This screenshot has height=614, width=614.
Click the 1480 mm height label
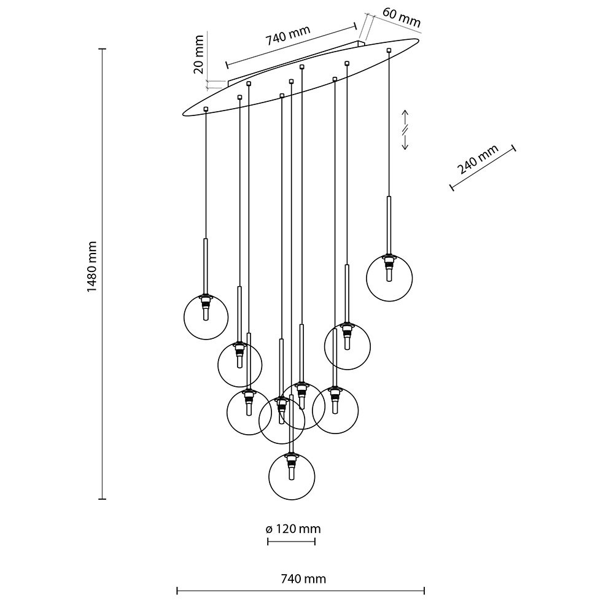92,265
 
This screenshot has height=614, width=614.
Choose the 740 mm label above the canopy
288,38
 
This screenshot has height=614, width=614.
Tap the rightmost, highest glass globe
388,278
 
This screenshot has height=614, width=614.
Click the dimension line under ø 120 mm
291,541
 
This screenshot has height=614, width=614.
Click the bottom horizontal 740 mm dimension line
300,591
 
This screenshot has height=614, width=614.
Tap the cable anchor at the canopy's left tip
206,109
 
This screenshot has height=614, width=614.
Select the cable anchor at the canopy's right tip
389,49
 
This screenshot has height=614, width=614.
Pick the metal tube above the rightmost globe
388,224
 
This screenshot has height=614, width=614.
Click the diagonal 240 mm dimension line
483,168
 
